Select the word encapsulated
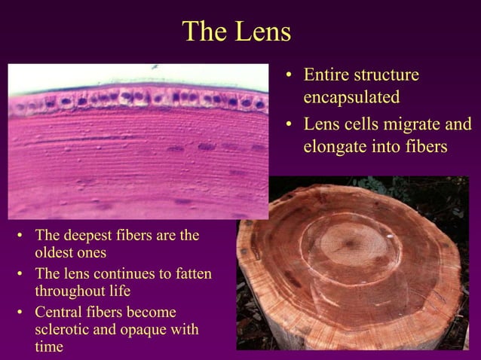coord(351,98)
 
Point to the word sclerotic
coord(64,329)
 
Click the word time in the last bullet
coord(49,346)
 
